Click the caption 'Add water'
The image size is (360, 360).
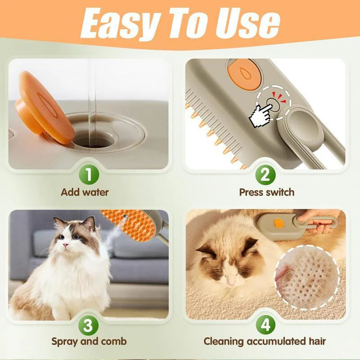pos(85,193)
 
